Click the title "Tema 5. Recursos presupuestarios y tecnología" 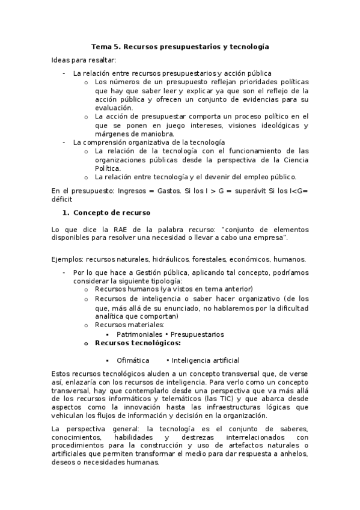click(x=180, y=46)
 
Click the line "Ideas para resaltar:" click(x=84, y=60)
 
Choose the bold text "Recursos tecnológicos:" click(x=138, y=343)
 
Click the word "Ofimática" click(x=133, y=360)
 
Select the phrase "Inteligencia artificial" click(x=206, y=360)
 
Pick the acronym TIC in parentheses click(x=230, y=398)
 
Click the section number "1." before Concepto click(x=67, y=213)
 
